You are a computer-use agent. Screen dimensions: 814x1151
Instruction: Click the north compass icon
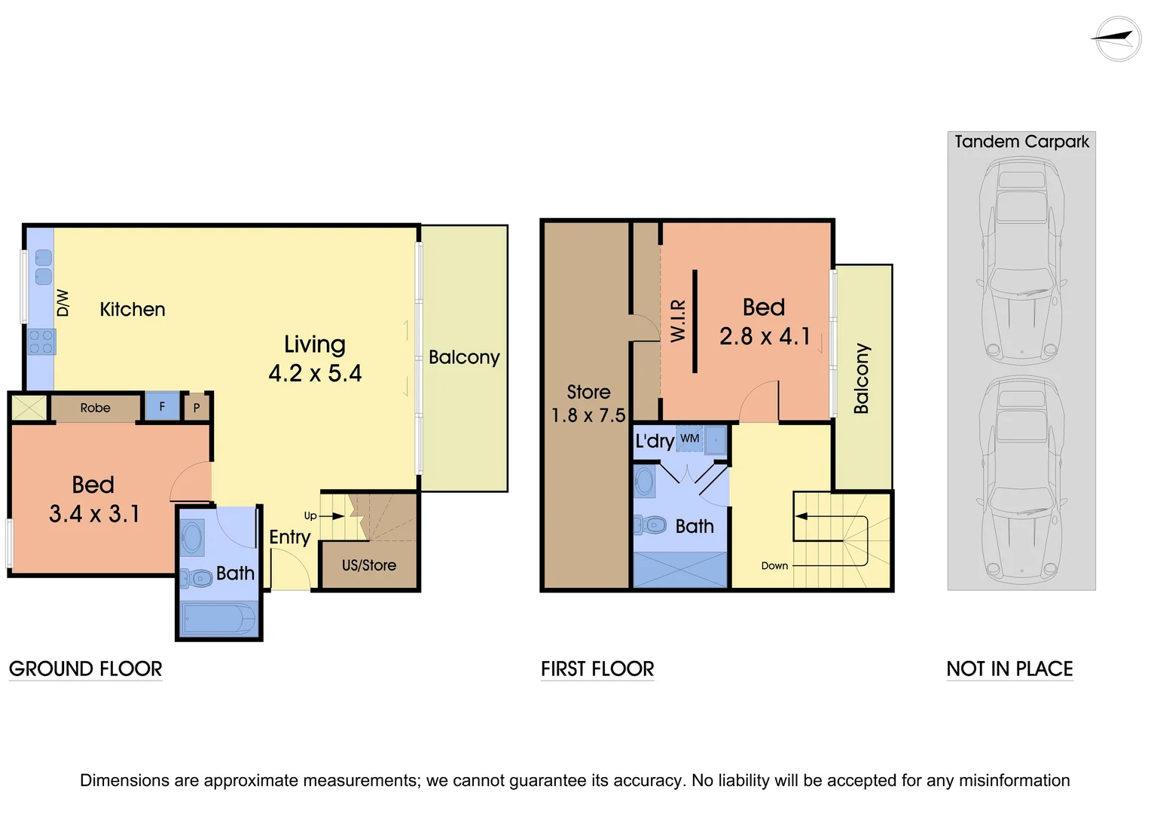(1118, 38)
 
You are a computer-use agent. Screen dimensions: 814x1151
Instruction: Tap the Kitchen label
(133, 310)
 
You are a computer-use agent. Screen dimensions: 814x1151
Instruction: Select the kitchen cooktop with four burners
(41, 341)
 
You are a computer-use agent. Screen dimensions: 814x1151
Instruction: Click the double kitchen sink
(44, 267)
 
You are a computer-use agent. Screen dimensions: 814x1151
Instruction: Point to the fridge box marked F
(162, 407)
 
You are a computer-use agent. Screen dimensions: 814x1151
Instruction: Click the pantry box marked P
(197, 408)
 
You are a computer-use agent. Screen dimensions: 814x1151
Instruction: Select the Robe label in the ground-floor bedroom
(96, 408)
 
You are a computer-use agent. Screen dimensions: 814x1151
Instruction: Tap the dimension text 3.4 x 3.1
(94, 514)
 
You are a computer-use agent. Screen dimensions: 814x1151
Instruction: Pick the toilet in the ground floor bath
(197, 579)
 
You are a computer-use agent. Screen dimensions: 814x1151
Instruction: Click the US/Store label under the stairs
(369, 565)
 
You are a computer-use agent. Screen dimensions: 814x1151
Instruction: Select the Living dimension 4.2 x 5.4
(315, 374)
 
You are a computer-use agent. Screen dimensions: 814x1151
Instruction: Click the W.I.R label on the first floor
(678, 320)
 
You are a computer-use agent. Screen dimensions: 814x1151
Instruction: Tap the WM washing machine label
(690, 439)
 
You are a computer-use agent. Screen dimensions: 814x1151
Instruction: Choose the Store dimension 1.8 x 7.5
(588, 415)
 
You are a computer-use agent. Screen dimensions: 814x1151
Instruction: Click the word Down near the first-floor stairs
(774, 566)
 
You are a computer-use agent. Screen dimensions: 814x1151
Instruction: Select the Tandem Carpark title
(1021, 142)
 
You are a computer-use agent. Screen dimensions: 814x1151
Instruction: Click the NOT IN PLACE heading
(1009, 669)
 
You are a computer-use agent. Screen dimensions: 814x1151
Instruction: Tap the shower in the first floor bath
(681, 570)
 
